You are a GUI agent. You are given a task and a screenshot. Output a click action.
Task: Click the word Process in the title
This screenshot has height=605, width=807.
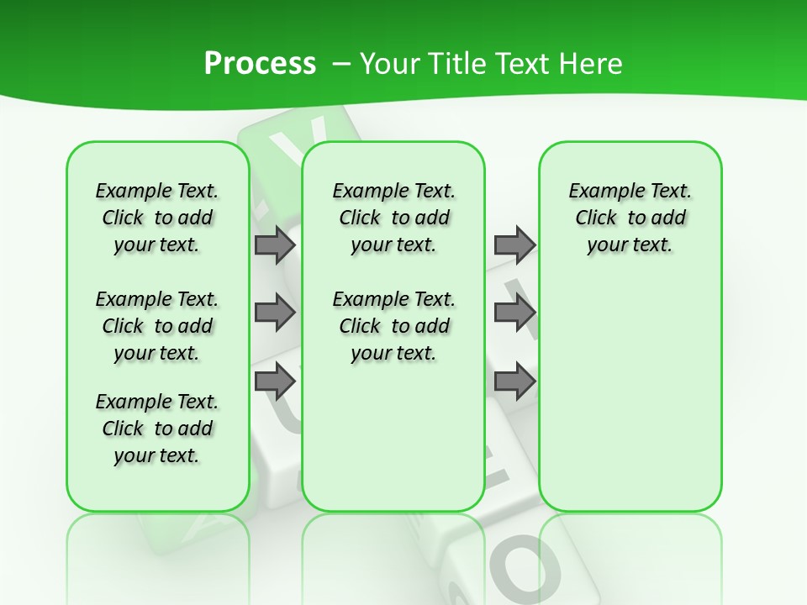260,64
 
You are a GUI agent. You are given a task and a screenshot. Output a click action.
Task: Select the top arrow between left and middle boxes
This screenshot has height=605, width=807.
275,245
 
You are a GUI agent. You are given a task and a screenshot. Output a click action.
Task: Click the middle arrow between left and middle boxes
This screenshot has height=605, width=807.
275,313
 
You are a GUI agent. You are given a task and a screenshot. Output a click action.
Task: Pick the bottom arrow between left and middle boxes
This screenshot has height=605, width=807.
275,382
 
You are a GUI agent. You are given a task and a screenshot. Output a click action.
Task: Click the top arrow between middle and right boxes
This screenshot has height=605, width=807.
514,245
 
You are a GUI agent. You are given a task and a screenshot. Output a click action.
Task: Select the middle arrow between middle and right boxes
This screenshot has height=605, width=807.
514,313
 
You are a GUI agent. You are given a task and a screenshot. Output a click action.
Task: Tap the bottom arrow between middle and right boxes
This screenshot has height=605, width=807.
514,382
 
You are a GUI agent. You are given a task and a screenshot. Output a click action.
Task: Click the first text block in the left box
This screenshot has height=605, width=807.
157,218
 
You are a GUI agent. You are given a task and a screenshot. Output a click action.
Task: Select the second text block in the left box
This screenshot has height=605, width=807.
157,326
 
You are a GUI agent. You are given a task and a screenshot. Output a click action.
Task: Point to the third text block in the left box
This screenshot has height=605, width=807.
157,429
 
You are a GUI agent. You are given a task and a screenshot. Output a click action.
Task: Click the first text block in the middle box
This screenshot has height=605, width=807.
393,218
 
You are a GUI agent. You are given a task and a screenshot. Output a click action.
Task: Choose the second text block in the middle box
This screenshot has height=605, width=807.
393,326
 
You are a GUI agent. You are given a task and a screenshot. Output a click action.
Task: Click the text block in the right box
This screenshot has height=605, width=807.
630,218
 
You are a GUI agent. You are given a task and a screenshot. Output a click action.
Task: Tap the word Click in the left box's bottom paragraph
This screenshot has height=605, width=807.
123,429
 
